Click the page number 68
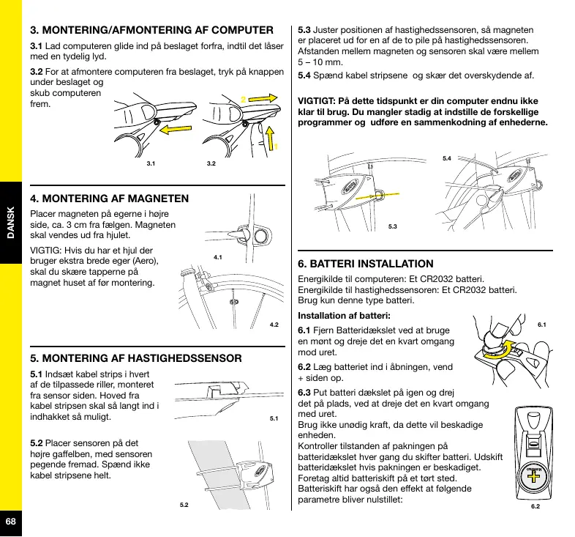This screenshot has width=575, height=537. [x=10, y=521]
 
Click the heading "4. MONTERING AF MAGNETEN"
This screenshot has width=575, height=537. [x=109, y=199]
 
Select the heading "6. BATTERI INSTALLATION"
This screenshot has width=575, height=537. [x=366, y=264]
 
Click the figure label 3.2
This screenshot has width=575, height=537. [x=211, y=165]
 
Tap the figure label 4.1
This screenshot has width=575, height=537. [x=217, y=258]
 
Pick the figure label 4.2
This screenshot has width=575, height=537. [x=275, y=324]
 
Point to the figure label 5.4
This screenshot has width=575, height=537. [x=448, y=158]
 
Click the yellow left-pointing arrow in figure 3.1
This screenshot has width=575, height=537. [x=181, y=130]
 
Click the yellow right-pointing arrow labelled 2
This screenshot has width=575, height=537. [x=266, y=96]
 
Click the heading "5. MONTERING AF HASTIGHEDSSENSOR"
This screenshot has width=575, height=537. [x=135, y=359]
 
